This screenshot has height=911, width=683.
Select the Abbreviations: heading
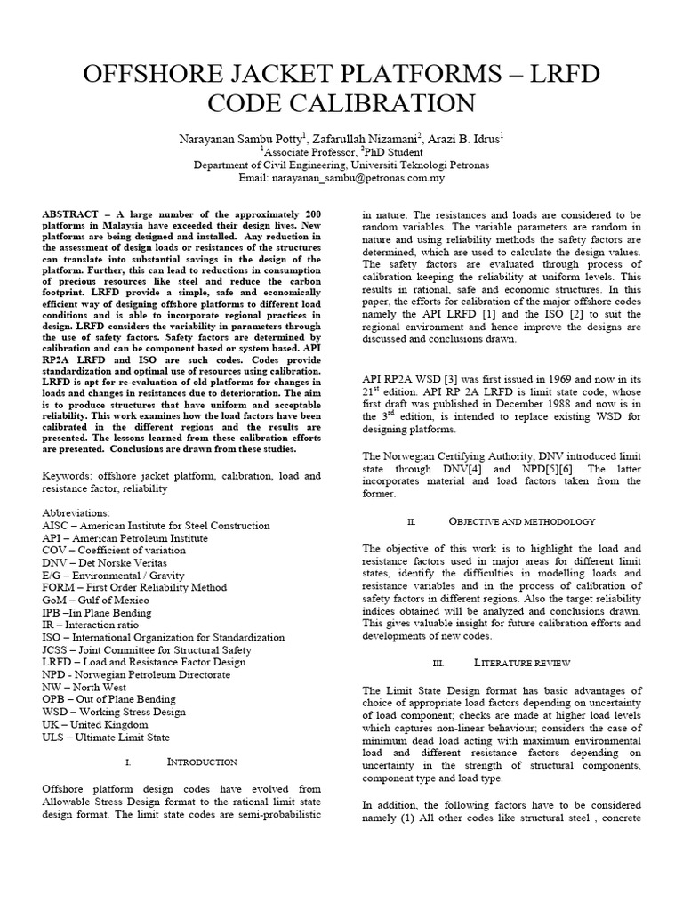[76, 513]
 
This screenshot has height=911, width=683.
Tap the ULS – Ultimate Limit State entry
[108, 737]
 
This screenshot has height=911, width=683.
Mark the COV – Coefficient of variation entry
[115, 551]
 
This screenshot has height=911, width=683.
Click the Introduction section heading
[201, 762]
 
